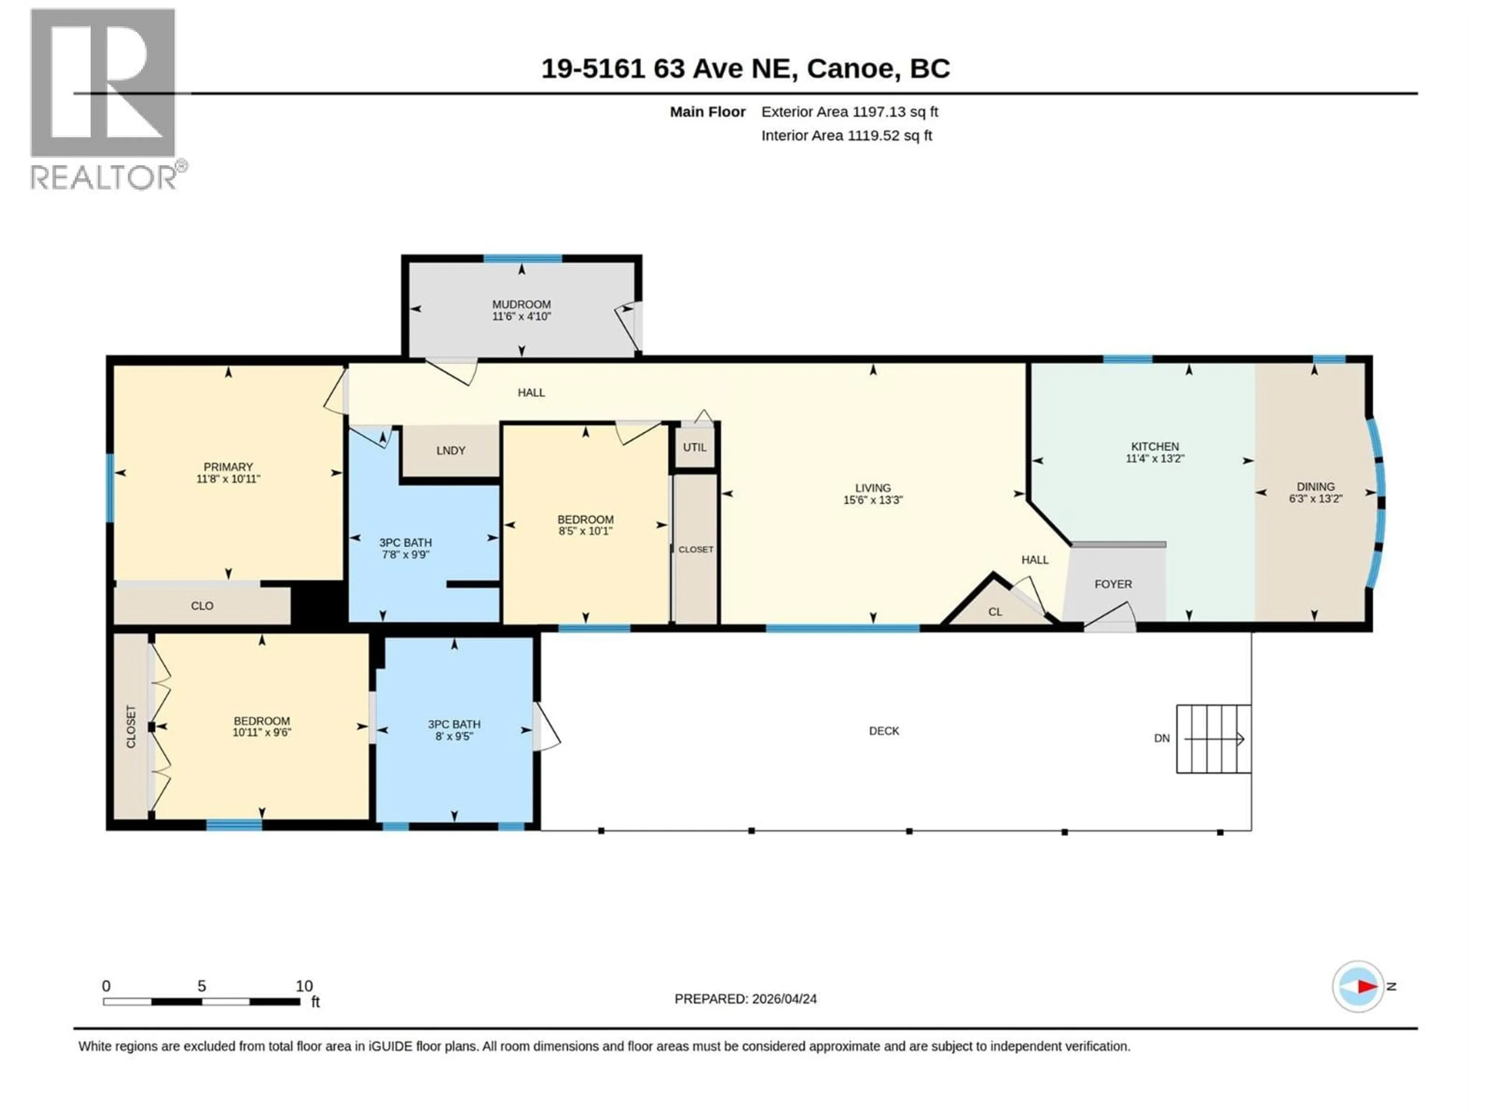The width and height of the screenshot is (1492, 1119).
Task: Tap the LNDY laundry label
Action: coord(451,451)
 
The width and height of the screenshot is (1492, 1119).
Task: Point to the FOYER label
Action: coord(1112,584)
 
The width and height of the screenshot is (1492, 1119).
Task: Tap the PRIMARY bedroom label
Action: coord(228,467)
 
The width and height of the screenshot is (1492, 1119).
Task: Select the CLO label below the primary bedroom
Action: coord(202,606)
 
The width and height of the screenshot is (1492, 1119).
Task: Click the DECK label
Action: coord(884,731)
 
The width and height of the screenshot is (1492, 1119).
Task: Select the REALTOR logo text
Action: coord(105,178)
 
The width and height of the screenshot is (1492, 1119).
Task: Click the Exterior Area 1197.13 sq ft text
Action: coord(849,112)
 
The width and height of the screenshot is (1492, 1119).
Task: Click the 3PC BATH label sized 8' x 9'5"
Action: coord(454,724)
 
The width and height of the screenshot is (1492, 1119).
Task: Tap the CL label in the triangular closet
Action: coord(995,612)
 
